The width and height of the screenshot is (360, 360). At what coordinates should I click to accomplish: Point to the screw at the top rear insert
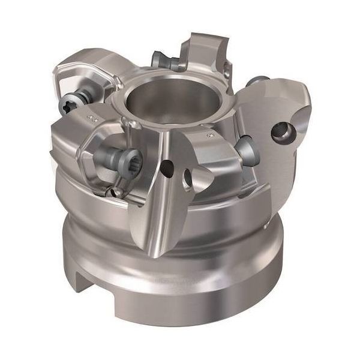pos(163,59)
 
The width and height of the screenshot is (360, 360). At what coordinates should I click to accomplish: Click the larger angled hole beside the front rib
pos(190,176)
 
